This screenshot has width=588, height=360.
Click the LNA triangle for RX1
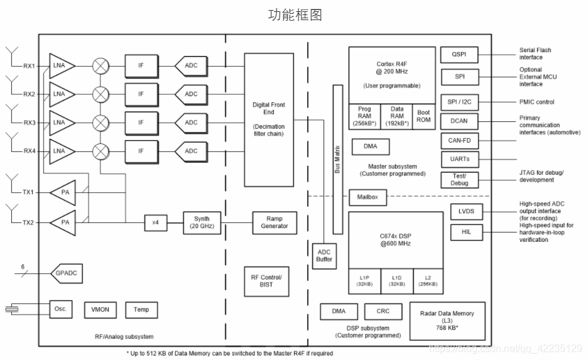[x=61, y=66]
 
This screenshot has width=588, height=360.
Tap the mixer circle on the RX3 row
[x=100, y=123]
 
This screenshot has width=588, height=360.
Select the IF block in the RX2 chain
[x=141, y=94]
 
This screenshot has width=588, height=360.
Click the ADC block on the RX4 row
[x=190, y=151]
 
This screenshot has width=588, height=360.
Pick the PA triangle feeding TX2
[x=64, y=222]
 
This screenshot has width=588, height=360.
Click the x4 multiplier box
[x=156, y=222]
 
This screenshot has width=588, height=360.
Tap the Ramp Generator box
[x=275, y=222]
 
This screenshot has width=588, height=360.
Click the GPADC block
[x=67, y=273]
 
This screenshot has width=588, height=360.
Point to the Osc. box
[x=61, y=309]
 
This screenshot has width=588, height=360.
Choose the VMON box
[x=101, y=309]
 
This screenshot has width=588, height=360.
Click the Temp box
[x=141, y=309]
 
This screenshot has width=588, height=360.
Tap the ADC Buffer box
[x=324, y=255]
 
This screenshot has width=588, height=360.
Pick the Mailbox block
[x=367, y=197]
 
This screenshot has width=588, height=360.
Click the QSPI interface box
[x=459, y=55]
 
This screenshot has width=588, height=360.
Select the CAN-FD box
[x=459, y=140]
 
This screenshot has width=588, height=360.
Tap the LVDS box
[x=466, y=212]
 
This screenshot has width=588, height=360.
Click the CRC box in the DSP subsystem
[x=383, y=311]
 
